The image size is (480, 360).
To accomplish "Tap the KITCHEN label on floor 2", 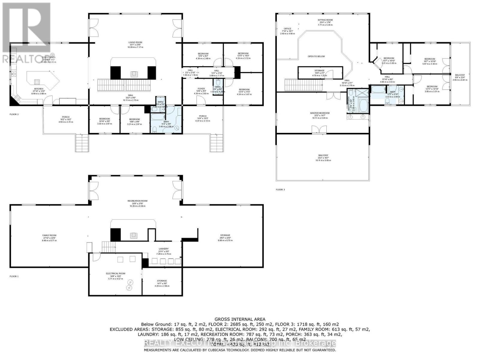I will tap(38, 89).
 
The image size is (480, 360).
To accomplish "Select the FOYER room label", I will tap(201, 89).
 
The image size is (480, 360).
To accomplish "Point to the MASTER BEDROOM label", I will tap(320, 113).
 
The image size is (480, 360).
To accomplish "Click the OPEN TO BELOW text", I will tap(316, 56).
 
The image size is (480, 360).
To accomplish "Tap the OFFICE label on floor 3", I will tap(287, 29).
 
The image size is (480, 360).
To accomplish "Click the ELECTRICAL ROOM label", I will tap(115, 274).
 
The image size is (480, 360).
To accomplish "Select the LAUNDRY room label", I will tap(163, 249).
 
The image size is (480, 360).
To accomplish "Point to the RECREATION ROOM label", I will tap(137, 201).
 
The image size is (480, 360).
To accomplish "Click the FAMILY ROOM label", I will tap(50, 235).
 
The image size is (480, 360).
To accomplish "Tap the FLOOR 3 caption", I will tap(280, 190).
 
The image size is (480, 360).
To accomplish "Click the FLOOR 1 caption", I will tap(14, 276).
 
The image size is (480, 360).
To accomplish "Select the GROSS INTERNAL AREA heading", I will tap(240, 319).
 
